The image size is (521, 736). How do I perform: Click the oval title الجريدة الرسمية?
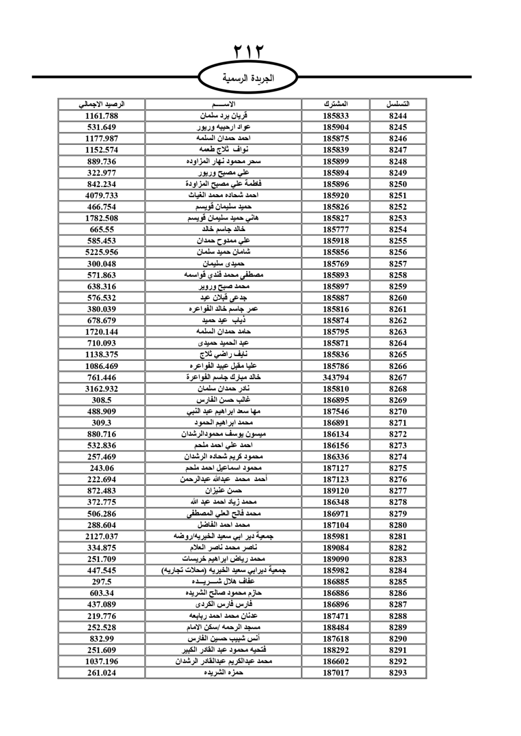click(248, 79)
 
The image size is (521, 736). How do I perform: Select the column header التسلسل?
click(398, 104)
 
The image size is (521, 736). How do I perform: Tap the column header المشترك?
click(336, 104)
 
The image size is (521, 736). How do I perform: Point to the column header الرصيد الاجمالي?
click(102, 104)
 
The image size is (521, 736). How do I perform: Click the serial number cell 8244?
click(398, 116)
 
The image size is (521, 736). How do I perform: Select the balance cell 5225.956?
click(102, 252)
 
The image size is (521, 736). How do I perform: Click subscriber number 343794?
click(336, 377)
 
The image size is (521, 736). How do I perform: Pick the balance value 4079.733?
click(102, 195)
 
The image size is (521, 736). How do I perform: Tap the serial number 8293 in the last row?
click(398, 672)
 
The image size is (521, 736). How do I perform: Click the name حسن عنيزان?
click(224, 491)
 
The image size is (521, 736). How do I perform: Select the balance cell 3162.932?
click(102, 389)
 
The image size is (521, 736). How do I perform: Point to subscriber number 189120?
click(336, 491)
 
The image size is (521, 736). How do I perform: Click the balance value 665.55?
click(102, 230)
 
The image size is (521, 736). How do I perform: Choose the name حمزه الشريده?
click(224, 672)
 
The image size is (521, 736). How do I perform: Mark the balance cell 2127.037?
click(102, 536)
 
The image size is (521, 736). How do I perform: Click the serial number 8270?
click(398, 411)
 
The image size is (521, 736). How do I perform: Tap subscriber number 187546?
click(336, 411)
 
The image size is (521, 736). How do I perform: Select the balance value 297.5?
click(102, 581)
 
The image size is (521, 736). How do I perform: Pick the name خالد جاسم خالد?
click(224, 230)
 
